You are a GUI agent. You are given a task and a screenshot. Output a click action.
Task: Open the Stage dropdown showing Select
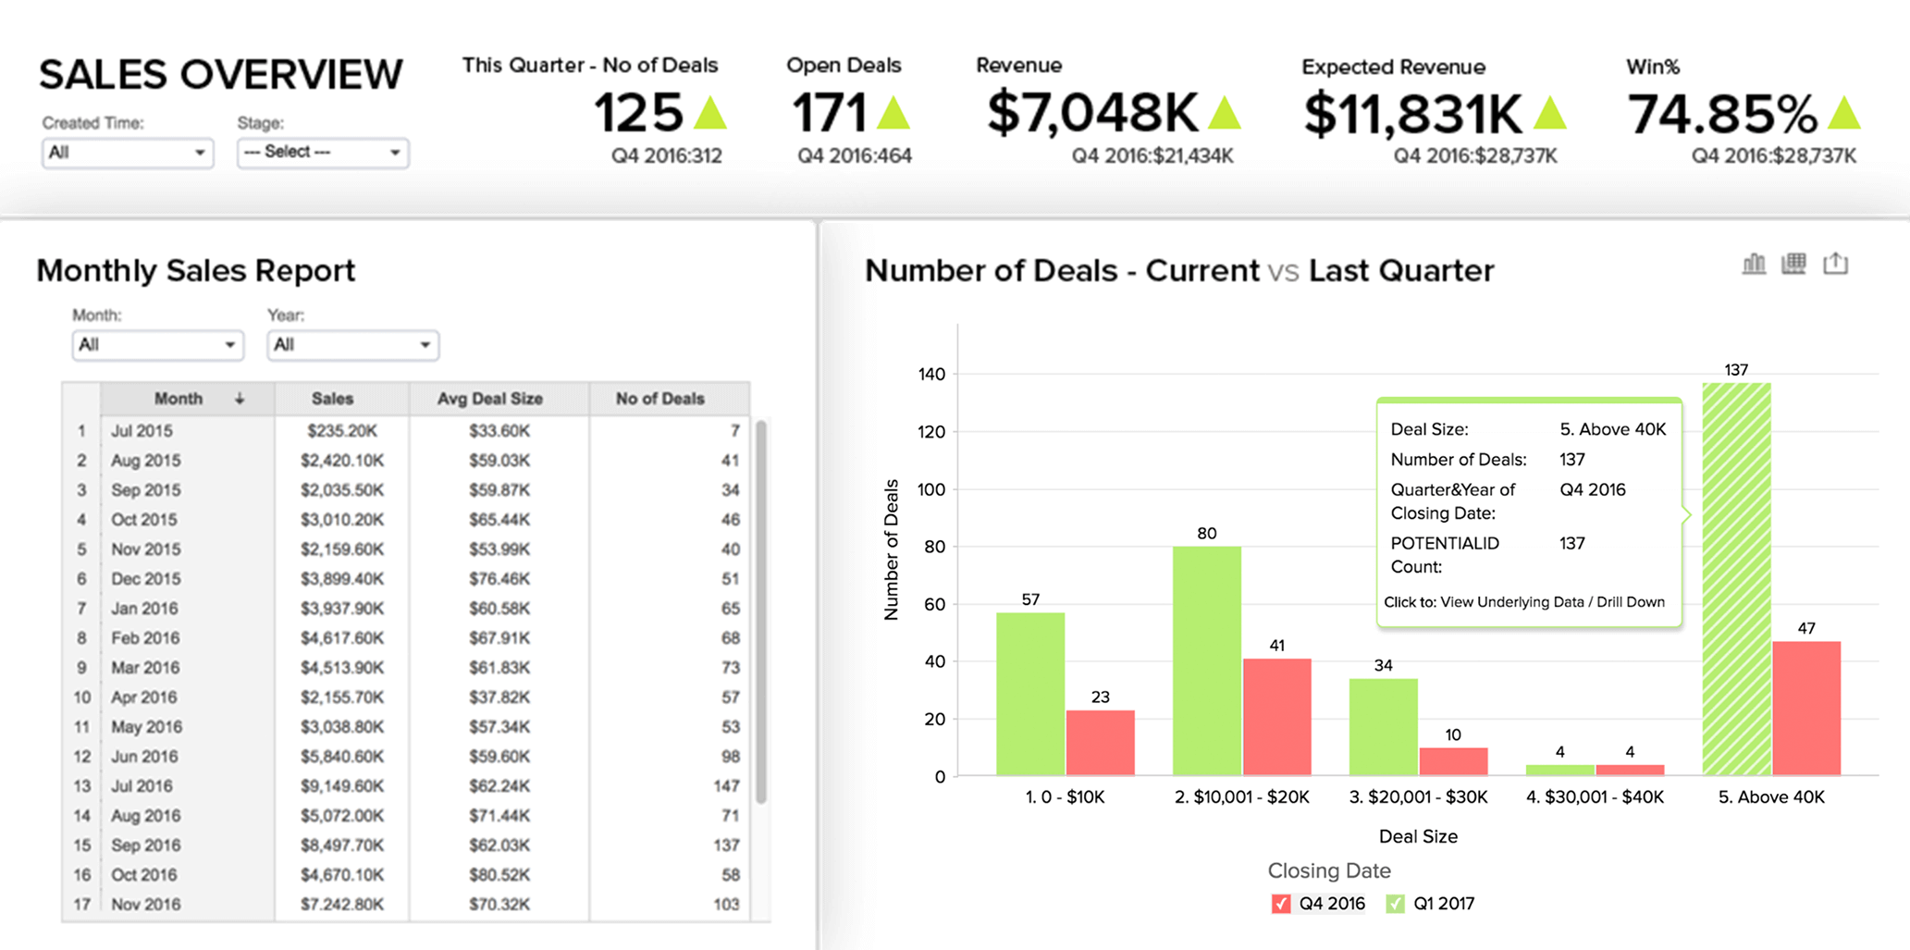(322, 153)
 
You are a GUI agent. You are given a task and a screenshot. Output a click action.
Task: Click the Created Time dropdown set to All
(127, 153)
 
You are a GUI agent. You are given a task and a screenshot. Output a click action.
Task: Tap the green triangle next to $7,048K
(1225, 113)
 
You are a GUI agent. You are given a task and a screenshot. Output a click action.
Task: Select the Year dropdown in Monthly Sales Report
(352, 345)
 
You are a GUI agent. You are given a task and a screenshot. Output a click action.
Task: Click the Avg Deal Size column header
(489, 399)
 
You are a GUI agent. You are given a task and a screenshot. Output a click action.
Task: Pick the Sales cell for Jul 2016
(341, 786)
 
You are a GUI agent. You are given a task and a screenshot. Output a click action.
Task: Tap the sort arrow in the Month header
(240, 399)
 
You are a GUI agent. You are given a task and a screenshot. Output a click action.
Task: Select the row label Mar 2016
(145, 668)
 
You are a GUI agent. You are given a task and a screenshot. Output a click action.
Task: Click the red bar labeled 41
(1276, 717)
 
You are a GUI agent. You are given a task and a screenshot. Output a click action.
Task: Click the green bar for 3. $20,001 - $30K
(1383, 727)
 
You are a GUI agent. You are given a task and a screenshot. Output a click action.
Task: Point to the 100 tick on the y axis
(931, 489)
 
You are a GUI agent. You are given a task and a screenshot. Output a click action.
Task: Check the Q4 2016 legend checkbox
(1281, 904)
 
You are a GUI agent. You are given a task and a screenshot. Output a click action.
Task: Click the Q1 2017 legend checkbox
(1395, 904)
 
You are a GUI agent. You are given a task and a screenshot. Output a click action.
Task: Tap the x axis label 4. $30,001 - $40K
(1595, 797)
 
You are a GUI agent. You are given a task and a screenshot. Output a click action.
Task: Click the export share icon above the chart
(1835, 264)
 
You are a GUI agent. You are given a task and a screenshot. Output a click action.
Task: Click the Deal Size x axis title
(1418, 836)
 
